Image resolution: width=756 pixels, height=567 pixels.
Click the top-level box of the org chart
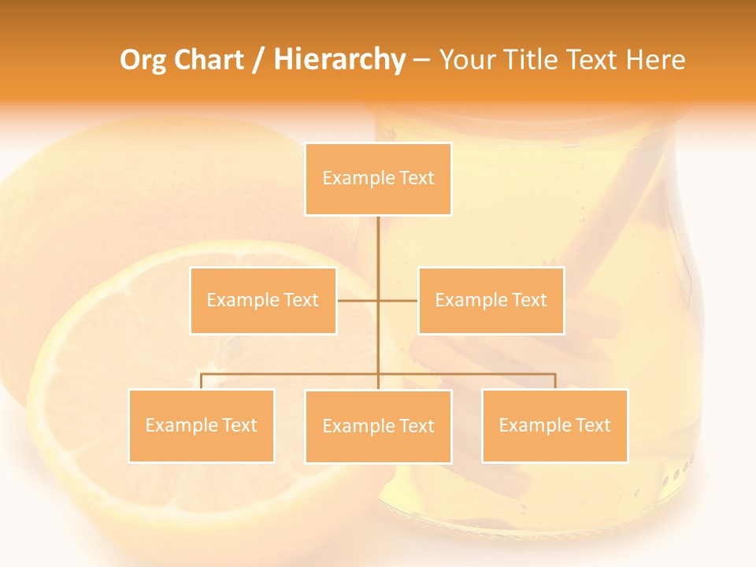[x=378, y=179]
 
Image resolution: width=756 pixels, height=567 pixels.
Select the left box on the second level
[x=263, y=301]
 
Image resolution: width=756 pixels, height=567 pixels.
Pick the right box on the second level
[x=491, y=301]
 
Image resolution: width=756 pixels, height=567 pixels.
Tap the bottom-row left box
[x=201, y=426]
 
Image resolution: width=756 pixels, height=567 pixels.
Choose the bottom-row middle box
[x=378, y=427]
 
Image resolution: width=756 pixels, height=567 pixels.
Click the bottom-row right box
[x=554, y=426]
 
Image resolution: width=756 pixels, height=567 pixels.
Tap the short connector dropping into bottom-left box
[x=201, y=381]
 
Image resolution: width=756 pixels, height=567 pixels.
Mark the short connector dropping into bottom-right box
[x=555, y=381]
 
